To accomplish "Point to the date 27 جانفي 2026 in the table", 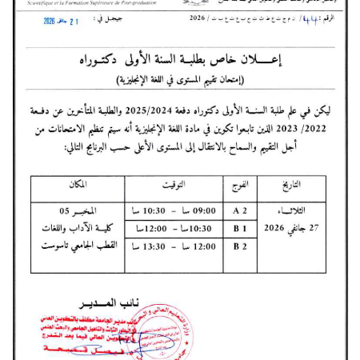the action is click(297, 228).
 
